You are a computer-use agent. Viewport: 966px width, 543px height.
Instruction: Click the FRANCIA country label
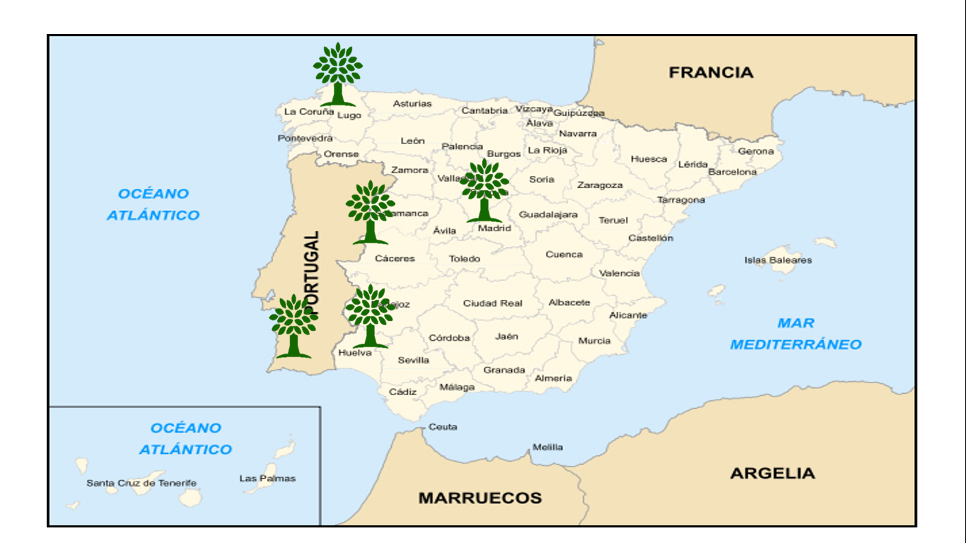click(711, 72)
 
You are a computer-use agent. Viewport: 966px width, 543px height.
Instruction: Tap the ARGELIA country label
click(772, 473)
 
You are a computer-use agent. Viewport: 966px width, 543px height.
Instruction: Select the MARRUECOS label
click(480, 498)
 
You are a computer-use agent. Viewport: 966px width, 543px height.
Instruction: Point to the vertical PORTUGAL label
click(313, 272)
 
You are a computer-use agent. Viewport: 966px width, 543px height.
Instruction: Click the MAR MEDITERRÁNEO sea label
click(796, 334)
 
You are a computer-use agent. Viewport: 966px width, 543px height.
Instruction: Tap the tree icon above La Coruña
click(338, 74)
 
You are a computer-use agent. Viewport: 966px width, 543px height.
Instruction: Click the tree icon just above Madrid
click(484, 189)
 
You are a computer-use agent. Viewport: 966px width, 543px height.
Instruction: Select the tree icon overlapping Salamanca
click(370, 211)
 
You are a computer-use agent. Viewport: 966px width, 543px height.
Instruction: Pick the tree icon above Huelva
click(370, 315)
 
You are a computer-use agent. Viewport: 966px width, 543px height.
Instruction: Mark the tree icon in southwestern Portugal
click(293, 325)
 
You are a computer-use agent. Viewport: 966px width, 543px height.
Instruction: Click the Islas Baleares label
click(778, 260)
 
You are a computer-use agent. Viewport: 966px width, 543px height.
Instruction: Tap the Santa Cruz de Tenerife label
click(141, 484)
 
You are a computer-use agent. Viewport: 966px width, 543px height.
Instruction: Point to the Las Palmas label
click(267, 479)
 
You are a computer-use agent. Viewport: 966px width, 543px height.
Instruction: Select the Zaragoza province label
click(600, 185)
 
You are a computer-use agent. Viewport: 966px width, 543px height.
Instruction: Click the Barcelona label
click(732, 172)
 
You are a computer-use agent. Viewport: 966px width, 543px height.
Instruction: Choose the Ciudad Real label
click(492, 303)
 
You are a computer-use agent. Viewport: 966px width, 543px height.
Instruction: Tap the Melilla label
click(548, 447)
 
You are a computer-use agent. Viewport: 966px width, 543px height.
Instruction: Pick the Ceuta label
click(443, 427)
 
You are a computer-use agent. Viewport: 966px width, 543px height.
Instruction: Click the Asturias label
click(412, 104)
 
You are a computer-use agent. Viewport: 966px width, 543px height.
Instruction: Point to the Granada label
click(504, 370)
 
